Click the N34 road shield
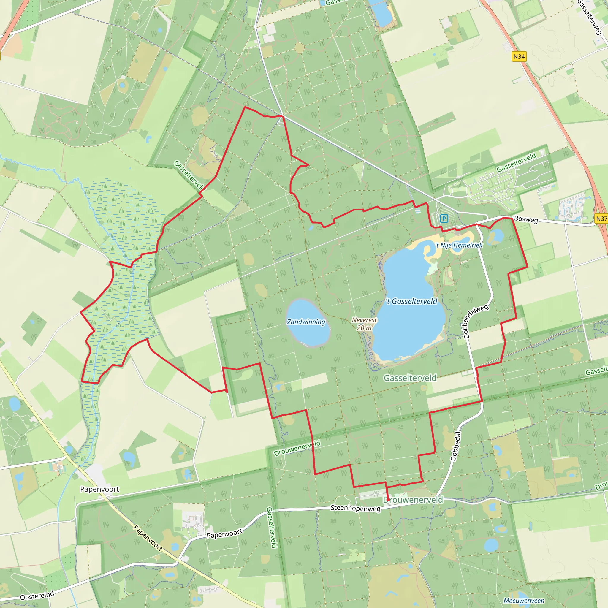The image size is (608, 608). [519, 57]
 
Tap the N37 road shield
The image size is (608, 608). [601, 219]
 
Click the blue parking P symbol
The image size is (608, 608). [444, 218]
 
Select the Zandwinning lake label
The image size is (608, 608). [306, 322]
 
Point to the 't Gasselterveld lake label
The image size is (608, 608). [411, 302]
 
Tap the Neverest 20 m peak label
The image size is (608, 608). [364, 324]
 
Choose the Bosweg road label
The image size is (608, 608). [526, 219]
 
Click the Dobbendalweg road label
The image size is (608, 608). [476, 321]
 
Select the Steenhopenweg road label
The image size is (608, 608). [355, 508]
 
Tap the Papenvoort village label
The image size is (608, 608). [99, 489]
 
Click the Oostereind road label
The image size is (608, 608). [37, 596]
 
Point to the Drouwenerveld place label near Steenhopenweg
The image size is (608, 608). [413, 500]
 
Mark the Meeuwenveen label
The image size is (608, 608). [524, 601]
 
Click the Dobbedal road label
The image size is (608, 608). [456, 446]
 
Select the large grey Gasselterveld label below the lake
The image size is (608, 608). [410, 378]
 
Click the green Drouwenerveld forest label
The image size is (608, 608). [297, 448]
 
